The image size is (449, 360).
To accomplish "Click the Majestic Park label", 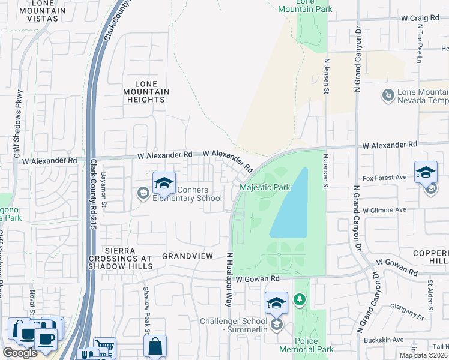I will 265,188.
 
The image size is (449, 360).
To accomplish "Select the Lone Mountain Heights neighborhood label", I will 144,92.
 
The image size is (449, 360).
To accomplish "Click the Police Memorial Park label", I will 306,345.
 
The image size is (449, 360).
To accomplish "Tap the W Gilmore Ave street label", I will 384,210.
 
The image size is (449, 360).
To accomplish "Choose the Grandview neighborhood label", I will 188,256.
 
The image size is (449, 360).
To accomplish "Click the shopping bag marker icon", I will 155,346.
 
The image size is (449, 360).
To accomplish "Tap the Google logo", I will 20,353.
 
